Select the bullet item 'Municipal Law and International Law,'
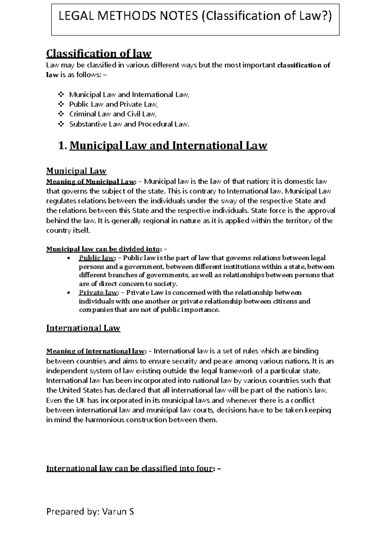[x=129, y=95]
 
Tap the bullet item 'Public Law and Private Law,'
[x=113, y=104]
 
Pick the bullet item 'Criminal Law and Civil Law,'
[x=113, y=114]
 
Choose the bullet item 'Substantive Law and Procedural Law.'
[x=129, y=124]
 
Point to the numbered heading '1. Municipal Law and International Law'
[x=163, y=146]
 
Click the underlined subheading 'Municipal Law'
[x=76, y=171]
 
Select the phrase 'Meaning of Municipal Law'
[x=90, y=182]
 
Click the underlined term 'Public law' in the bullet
[x=96, y=258]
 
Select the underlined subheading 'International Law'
[x=83, y=328]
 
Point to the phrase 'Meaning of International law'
[x=96, y=351]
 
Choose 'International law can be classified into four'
[x=129, y=469]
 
